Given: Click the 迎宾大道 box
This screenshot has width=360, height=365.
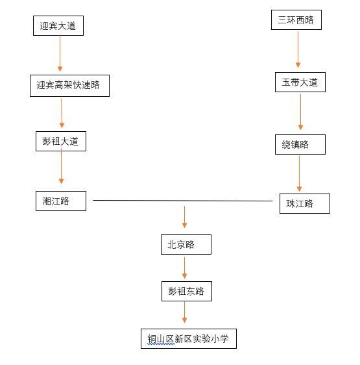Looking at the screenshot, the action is click(58, 25).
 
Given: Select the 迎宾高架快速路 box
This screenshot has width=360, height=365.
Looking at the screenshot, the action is click(69, 86).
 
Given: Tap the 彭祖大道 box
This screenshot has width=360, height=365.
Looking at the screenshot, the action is click(61, 141).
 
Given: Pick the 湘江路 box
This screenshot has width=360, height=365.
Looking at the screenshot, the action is click(61, 201).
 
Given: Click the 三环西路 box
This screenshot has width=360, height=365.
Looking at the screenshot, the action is click(296, 19).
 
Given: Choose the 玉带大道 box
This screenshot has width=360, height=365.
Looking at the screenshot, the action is click(300, 82).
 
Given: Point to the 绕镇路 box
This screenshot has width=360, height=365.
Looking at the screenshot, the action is click(300, 144).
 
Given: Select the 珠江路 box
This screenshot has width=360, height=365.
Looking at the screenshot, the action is click(305, 203).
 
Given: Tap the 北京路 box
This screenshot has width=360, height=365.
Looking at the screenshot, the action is click(186, 244).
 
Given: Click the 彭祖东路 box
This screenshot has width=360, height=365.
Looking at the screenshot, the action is click(187, 291).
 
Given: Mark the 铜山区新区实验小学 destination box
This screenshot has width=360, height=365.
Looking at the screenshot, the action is click(189, 338).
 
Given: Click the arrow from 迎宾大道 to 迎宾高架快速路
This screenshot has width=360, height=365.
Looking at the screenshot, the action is click(60, 53).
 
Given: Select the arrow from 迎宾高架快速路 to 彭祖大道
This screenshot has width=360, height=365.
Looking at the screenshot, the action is click(62, 113).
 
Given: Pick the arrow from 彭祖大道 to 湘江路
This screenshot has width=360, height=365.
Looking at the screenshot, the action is click(61, 166).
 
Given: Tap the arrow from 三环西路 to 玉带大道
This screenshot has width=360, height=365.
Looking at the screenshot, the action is click(298, 49).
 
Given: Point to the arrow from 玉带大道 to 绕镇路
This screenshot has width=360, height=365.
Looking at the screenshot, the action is click(300, 112).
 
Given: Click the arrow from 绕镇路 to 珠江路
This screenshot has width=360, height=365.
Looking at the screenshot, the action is click(299, 173).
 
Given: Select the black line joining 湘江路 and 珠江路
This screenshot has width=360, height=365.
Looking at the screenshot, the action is click(183, 201).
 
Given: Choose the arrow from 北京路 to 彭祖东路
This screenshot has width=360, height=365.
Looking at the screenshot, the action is click(184, 268).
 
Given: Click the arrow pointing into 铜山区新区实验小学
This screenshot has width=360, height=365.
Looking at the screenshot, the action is click(184, 312).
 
